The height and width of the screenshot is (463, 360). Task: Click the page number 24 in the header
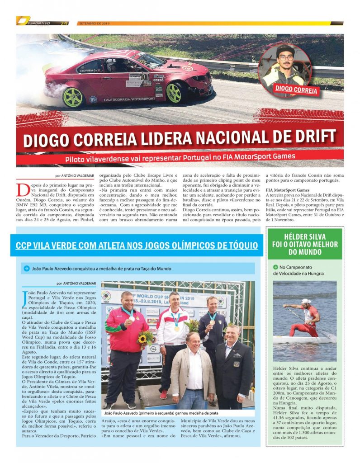(64, 23)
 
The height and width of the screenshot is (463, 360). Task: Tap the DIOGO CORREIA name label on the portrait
(296, 89)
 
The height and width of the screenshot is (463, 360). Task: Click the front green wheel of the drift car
(174, 93)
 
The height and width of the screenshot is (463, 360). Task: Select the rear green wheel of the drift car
(73, 97)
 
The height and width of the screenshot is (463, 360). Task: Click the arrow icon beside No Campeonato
(275, 267)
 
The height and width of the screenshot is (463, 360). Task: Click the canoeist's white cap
(306, 301)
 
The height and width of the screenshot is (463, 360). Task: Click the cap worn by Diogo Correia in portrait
(285, 50)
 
